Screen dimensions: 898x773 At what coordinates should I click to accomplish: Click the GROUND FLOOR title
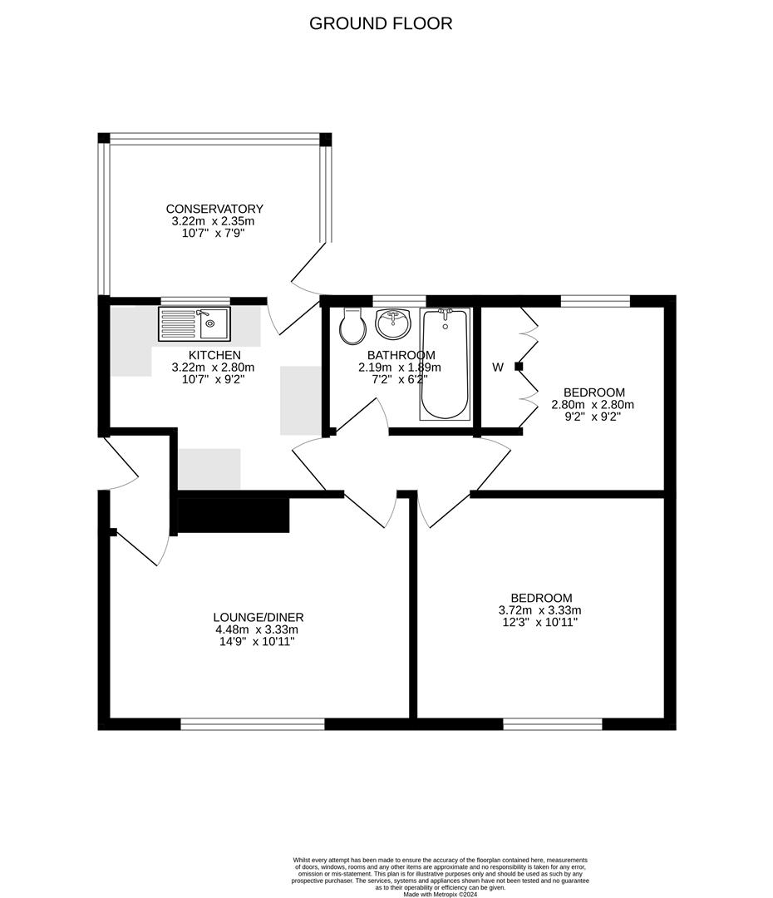381,23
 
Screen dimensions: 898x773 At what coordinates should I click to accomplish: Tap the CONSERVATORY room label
214,209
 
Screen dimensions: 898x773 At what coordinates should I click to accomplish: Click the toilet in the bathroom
352,327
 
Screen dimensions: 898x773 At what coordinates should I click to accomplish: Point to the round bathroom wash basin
393,324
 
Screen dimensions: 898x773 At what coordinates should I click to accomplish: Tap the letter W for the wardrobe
498,367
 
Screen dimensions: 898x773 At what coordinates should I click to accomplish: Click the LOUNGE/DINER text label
258,617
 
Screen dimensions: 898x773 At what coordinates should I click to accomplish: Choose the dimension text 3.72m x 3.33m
541,609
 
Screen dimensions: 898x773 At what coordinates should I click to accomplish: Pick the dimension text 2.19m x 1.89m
400,367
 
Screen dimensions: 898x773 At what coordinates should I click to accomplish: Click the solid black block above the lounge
234,516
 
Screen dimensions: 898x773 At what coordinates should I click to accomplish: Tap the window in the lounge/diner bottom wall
253,724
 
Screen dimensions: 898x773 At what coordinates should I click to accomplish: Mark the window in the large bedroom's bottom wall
553,724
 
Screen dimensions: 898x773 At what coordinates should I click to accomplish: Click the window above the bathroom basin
399,301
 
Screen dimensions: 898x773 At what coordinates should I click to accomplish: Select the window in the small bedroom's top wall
595,301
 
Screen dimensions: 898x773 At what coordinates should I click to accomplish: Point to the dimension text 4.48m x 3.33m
258,629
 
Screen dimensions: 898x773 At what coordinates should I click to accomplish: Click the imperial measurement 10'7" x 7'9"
214,234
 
